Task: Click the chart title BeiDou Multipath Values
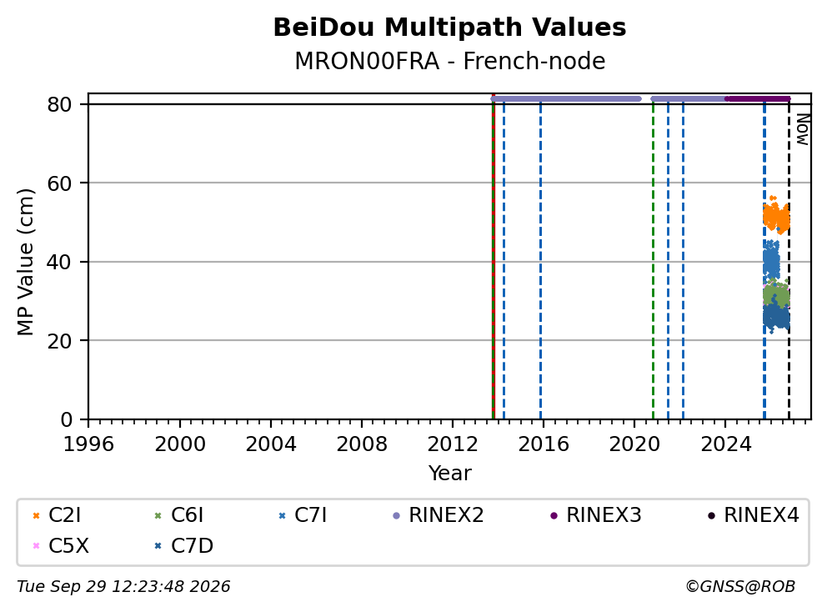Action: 449,28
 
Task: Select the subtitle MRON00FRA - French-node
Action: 449,61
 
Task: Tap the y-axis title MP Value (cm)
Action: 25,262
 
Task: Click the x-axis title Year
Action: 449,474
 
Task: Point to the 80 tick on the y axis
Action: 59,104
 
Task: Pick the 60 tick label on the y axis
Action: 59,183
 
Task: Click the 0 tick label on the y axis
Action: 67,419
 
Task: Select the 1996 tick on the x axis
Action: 88,444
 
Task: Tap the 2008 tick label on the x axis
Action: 362,444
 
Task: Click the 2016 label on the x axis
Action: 544,444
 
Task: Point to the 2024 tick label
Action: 726,444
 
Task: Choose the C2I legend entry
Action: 57,515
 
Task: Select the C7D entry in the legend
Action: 183,546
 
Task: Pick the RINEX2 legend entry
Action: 439,515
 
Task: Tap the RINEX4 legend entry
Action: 753,515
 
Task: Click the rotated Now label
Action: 803,130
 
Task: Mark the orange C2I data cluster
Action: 776,216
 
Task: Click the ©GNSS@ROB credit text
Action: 740,587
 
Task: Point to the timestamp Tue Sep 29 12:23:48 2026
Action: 123,587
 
